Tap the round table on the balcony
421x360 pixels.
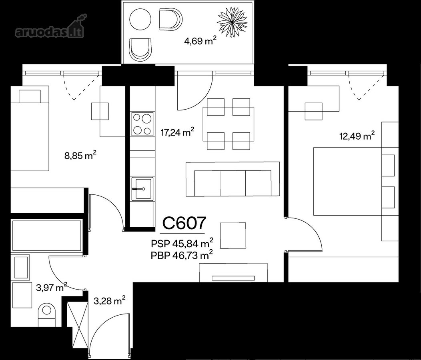coord(140,20)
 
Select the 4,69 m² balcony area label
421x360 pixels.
coord(200,41)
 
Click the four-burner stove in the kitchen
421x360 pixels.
coord(142,124)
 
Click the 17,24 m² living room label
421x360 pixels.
coord(177,132)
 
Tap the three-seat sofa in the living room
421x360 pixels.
coord(233,179)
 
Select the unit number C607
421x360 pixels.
coord(184,223)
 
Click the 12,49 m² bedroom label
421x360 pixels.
coord(357,136)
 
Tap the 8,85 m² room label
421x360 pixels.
coord(80,156)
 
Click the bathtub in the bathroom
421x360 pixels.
coord(46,236)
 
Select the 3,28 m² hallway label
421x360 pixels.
coord(110,300)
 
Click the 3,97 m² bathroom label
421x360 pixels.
coord(52,288)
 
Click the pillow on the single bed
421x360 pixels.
coord(30,96)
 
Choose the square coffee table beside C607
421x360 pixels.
coord(233,236)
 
